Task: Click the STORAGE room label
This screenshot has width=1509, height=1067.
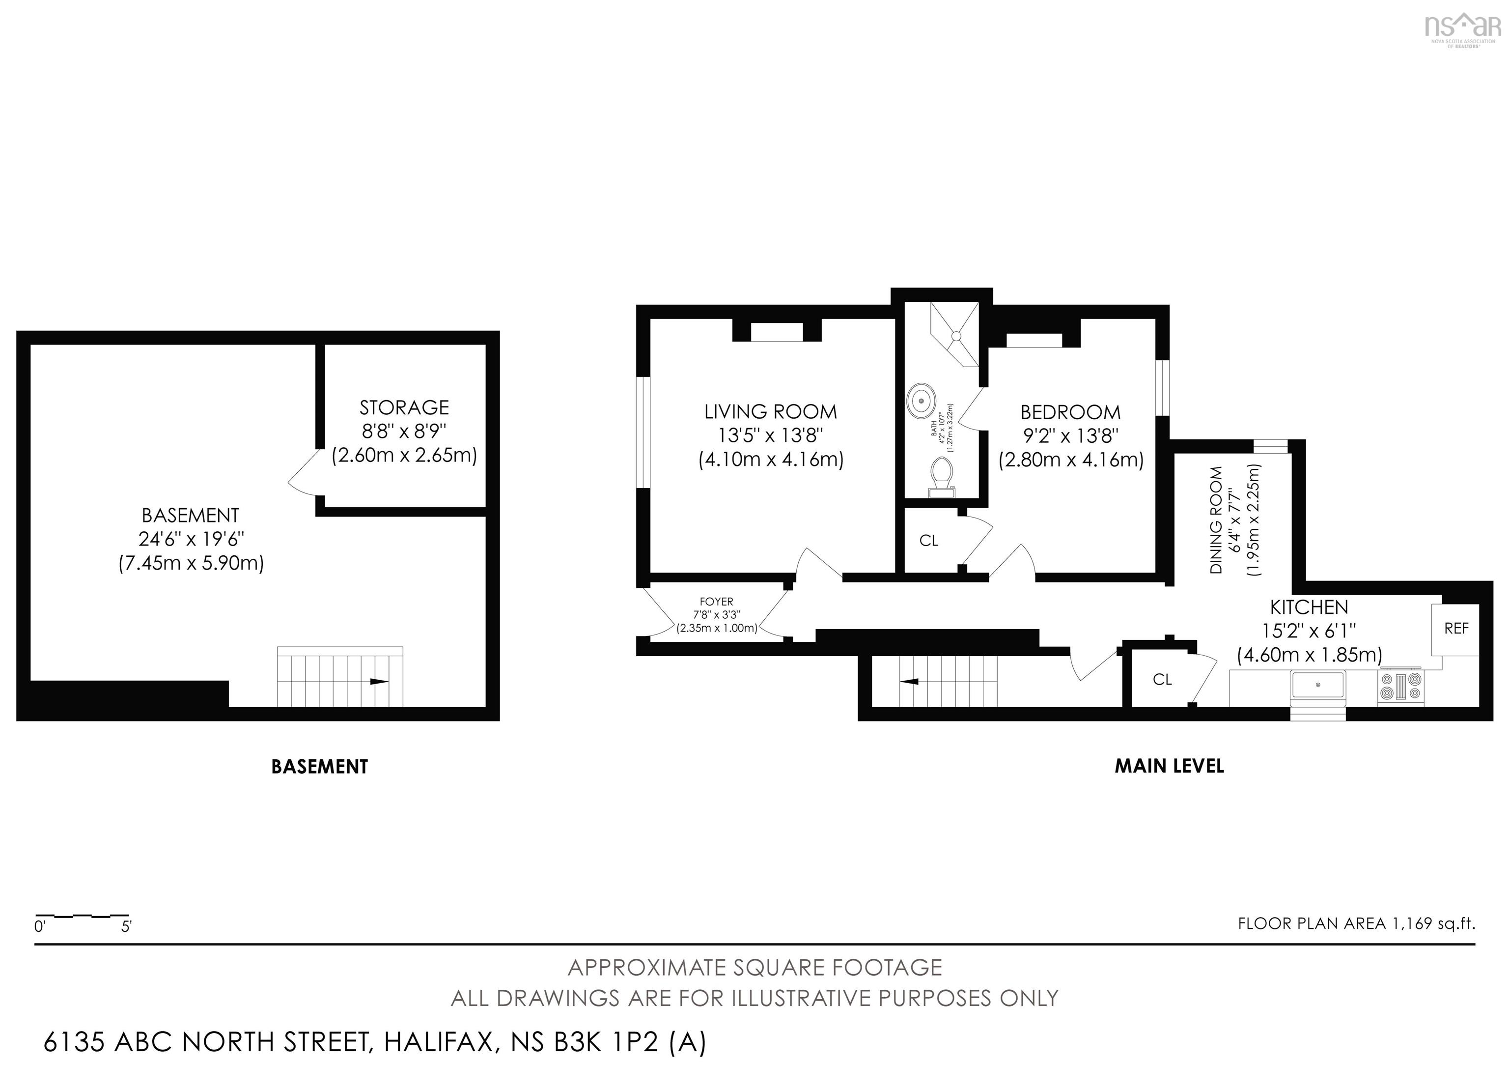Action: click(x=404, y=407)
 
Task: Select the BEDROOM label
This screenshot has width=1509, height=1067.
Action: click(x=1070, y=412)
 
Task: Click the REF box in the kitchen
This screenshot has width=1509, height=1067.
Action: click(x=1456, y=629)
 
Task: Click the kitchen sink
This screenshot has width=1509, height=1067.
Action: click(x=1318, y=685)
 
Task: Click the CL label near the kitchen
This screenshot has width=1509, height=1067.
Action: click(x=1162, y=680)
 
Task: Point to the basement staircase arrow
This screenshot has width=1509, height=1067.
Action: click(x=379, y=682)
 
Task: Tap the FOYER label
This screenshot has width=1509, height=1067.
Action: click(x=716, y=602)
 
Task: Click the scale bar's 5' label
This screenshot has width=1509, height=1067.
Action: click(x=126, y=927)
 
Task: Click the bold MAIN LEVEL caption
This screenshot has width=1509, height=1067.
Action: click(x=1169, y=766)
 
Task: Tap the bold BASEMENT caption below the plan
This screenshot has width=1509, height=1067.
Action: click(x=319, y=767)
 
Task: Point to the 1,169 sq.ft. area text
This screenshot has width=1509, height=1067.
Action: click(x=1433, y=923)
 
